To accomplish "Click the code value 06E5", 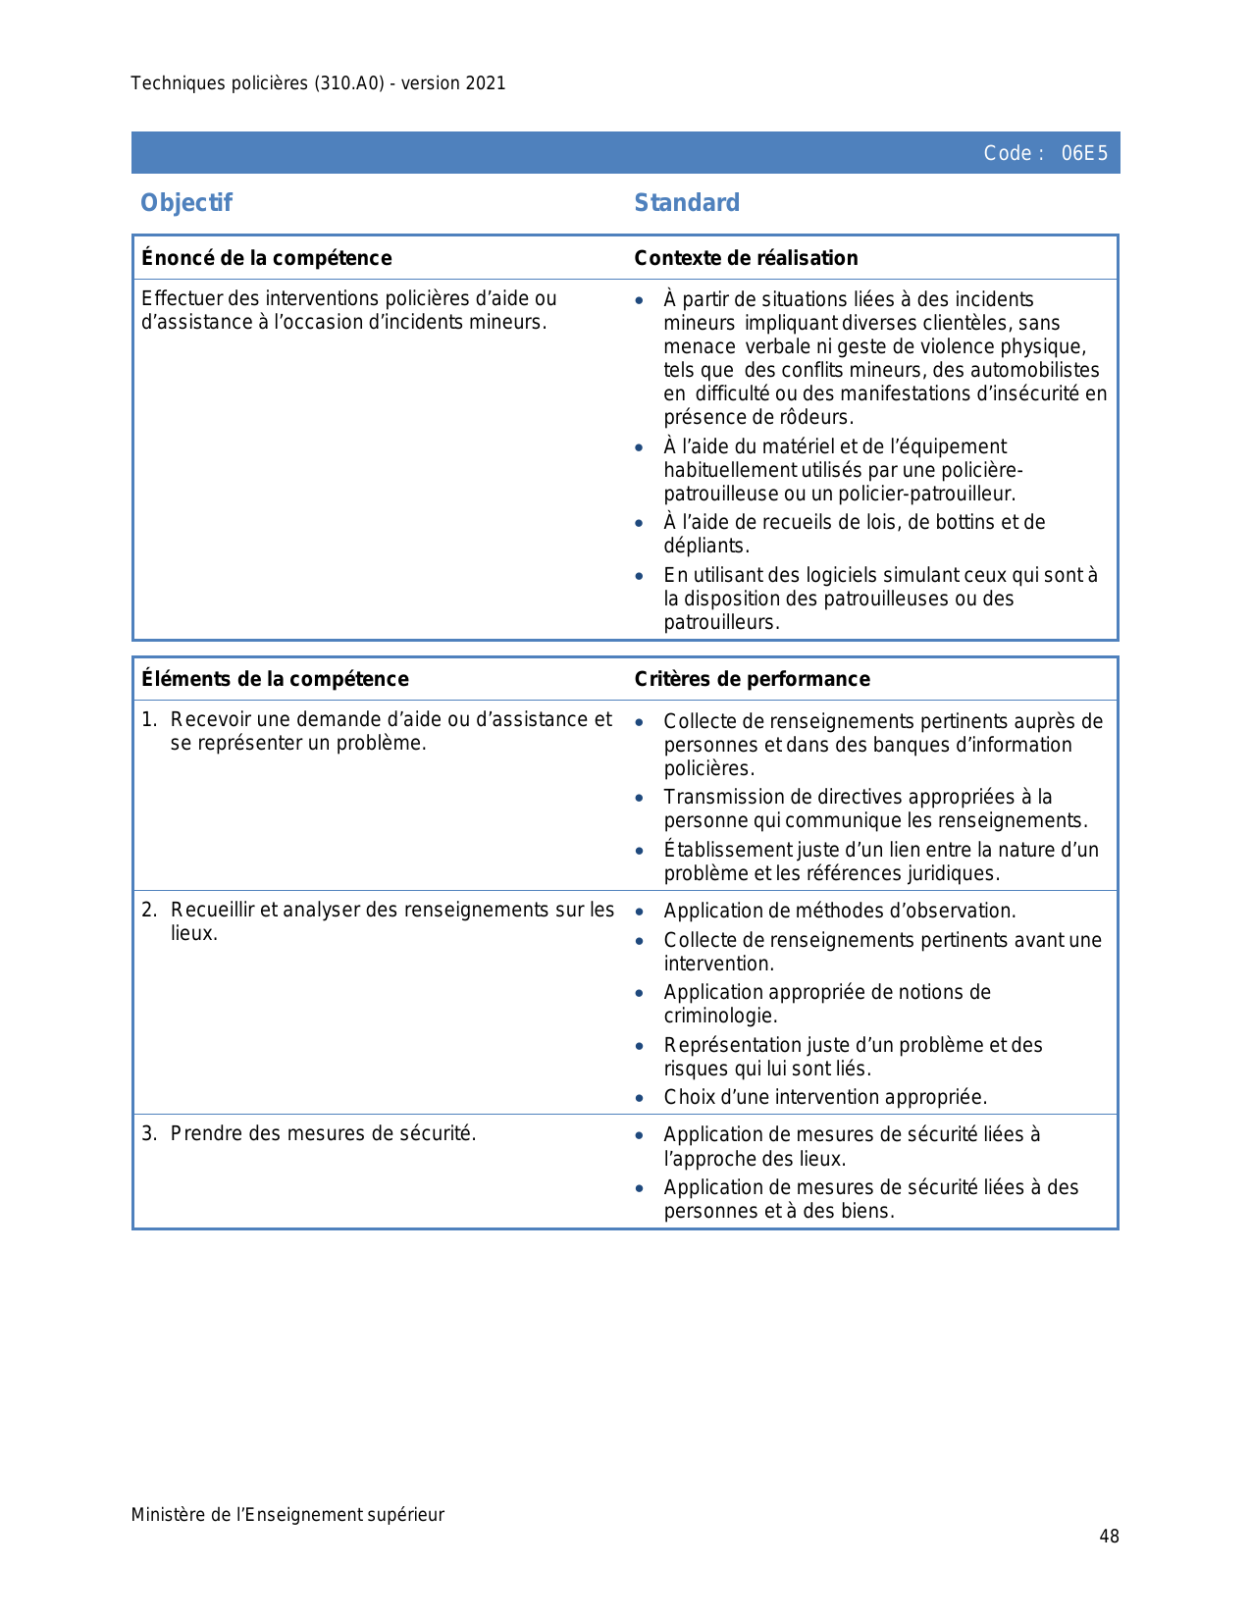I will pyautogui.click(x=1084, y=153).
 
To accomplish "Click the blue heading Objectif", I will pyautogui.click(x=186, y=203).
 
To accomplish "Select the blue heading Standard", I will pyautogui.click(x=687, y=203).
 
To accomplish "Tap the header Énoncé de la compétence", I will pyautogui.click(x=267, y=258).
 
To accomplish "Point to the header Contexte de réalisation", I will pyautogui.click(x=746, y=258).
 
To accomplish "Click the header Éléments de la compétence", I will pyautogui.click(x=275, y=679).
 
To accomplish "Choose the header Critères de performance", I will pyautogui.click(x=752, y=679).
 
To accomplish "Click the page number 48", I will pyautogui.click(x=1109, y=1537).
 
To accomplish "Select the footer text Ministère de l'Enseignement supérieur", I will pyautogui.click(x=287, y=1515).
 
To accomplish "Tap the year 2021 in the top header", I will pyautogui.click(x=486, y=83).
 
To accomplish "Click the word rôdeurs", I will pyautogui.click(x=818, y=417).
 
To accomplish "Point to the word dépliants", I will pyautogui.click(x=705, y=546).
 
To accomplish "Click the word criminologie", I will pyautogui.click(x=719, y=1016).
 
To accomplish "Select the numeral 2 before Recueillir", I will pyautogui.click(x=147, y=910).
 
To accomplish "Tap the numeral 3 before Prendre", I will pyautogui.click(x=147, y=1133).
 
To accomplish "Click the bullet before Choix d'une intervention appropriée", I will pyautogui.click(x=640, y=1098).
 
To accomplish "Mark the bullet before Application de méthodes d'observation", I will pyautogui.click(x=640, y=912).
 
